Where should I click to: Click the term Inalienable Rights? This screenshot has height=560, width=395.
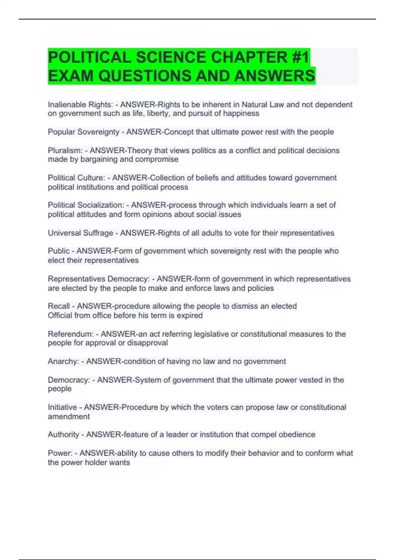pos(80,105)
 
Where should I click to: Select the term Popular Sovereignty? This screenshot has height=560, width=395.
pos(84,132)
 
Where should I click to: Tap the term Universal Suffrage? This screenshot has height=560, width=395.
pos(80,233)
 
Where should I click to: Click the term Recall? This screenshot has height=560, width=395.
pos(59,306)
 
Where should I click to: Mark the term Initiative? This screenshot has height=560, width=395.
pos(62,407)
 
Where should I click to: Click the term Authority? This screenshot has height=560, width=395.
pos(64,435)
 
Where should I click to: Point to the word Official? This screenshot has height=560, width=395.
pos(60,316)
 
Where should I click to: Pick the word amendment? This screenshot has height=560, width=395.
pos(69,417)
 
